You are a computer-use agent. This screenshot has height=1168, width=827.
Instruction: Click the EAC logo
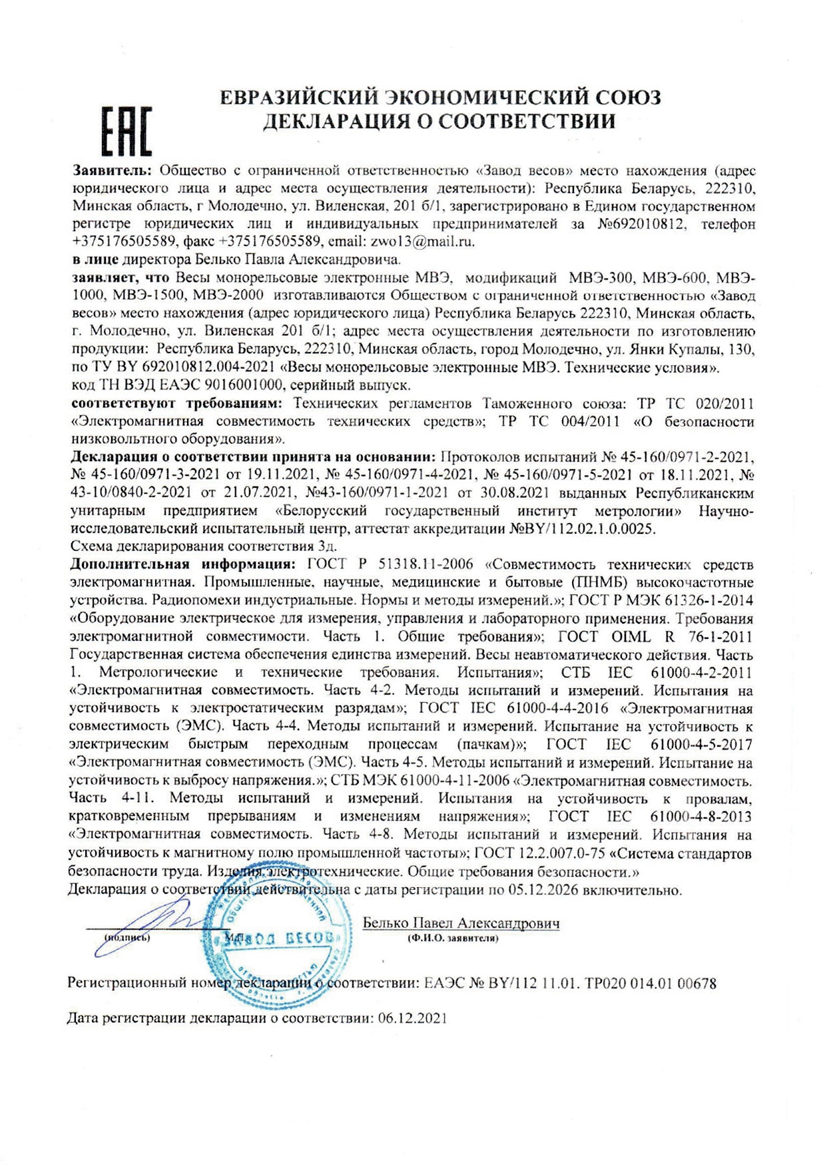coord(127,130)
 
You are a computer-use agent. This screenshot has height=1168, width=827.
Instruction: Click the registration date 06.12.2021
coord(412,1018)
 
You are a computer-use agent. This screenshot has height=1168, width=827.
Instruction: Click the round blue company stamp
coord(276,945)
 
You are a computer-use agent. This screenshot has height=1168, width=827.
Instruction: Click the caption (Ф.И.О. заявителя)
coord(453,938)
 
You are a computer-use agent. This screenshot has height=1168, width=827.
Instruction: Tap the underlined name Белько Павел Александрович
coord(461,923)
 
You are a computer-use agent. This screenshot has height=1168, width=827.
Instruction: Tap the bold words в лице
coord(95,259)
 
